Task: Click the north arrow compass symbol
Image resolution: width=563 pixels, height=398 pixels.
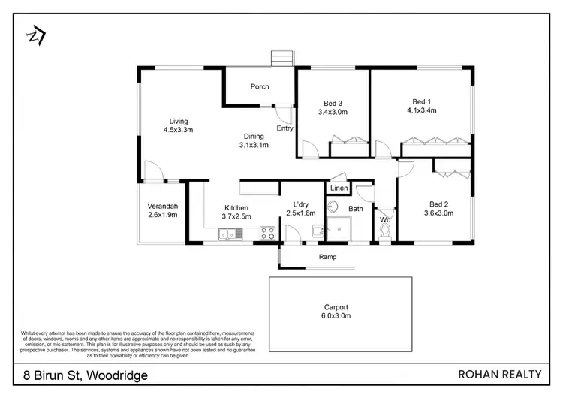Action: [x=35, y=36]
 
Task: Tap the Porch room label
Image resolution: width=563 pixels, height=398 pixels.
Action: [x=260, y=87]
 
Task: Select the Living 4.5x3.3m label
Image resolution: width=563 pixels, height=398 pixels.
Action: [x=178, y=125]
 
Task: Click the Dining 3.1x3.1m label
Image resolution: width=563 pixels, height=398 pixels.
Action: [x=254, y=140]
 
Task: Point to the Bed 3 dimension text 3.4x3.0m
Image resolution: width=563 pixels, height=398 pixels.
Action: [x=333, y=113]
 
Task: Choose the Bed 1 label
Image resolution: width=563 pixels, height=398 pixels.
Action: [x=421, y=102]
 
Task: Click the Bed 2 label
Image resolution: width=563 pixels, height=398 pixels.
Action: [x=438, y=204]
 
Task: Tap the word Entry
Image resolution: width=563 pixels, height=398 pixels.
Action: [x=285, y=128]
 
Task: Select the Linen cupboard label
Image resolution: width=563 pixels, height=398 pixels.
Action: [x=339, y=188]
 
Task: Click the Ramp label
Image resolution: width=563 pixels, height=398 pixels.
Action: [x=327, y=257]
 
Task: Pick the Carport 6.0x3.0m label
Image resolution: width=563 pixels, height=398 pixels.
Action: [x=340, y=312]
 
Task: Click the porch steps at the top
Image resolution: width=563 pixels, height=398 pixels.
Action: [x=281, y=58]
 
